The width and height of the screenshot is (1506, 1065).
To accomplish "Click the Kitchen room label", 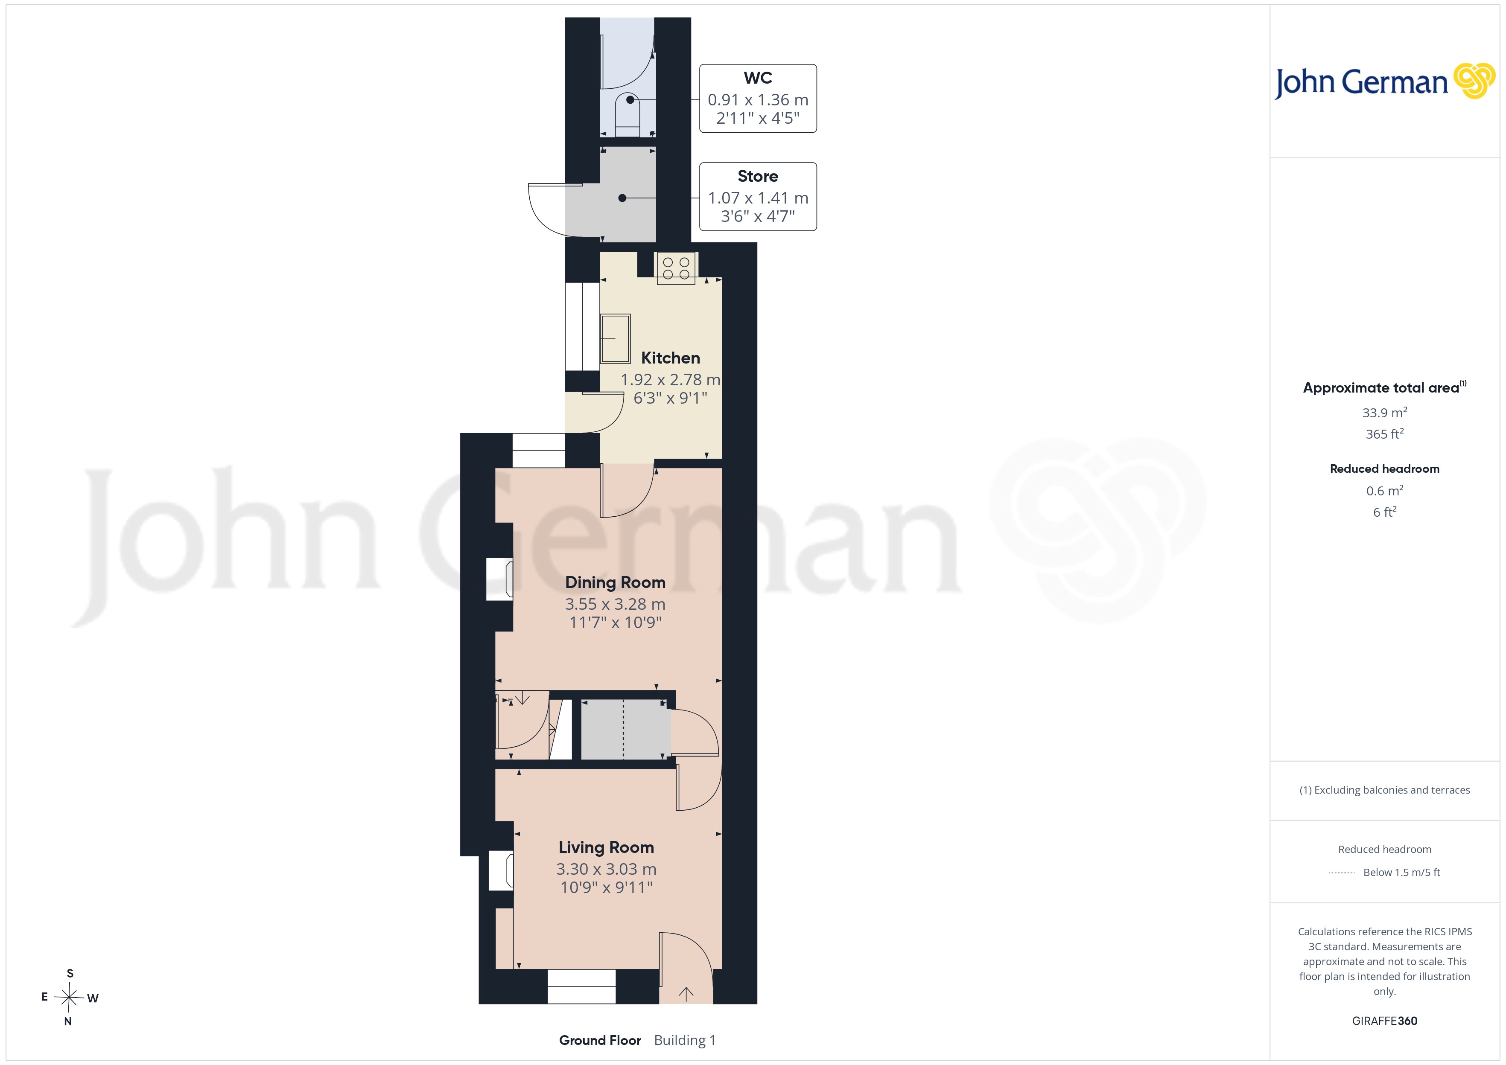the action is click(670, 358).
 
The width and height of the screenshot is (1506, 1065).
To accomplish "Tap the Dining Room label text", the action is click(615, 582).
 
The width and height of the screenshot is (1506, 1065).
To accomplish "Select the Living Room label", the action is click(606, 847).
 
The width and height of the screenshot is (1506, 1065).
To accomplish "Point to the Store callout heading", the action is click(758, 176).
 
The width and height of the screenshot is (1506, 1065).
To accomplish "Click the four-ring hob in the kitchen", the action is click(676, 268).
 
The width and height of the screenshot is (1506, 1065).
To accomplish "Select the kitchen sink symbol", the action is click(615, 338).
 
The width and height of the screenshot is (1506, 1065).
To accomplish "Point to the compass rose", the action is click(69, 998).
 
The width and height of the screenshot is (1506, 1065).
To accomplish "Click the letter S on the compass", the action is click(70, 973).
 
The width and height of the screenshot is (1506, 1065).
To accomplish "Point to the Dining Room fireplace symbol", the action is click(499, 579).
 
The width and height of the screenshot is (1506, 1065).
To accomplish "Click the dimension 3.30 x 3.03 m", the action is click(606, 869).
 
